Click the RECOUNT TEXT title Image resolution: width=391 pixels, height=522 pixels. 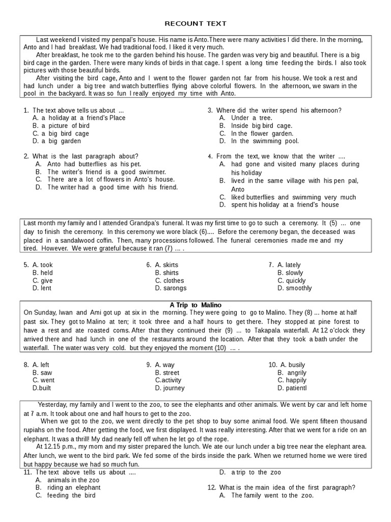[195, 23]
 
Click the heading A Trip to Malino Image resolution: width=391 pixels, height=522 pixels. [195, 305]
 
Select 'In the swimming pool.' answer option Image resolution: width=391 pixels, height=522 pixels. [265, 141]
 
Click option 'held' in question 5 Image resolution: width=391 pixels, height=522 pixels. [46, 273]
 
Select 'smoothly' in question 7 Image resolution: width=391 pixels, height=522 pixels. [298, 288]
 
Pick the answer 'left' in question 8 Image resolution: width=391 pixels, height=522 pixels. [45, 365]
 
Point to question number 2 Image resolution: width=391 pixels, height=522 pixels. [26, 156]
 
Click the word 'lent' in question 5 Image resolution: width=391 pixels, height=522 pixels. [46, 288]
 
